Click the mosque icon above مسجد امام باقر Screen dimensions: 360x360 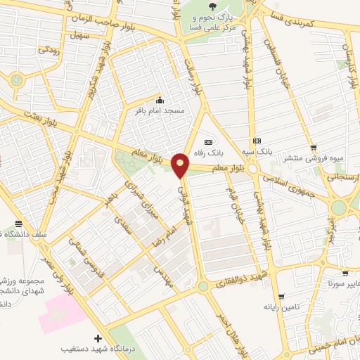(x=160, y=99)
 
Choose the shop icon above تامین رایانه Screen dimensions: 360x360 (x=281, y=296)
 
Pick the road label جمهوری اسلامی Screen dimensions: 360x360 (x=287, y=184)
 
